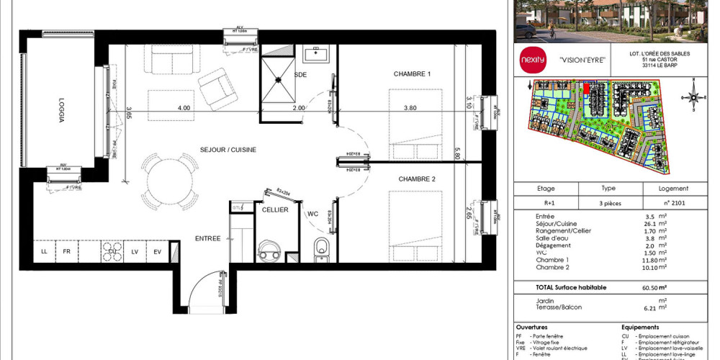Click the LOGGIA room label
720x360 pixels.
coord(60,110)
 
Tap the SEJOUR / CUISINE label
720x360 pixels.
coord(228,149)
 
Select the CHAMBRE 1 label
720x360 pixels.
coord(412,74)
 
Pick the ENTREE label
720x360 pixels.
coord(208,238)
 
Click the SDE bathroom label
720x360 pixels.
coord(302,74)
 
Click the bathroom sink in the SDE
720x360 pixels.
coord(315,54)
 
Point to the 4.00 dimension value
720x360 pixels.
coord(184,108)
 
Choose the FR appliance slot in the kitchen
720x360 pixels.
coord(66,251)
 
